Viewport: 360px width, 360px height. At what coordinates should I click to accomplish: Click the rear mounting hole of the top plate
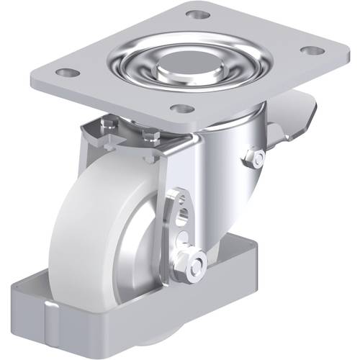pyautogui.click(x=193, y=14)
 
